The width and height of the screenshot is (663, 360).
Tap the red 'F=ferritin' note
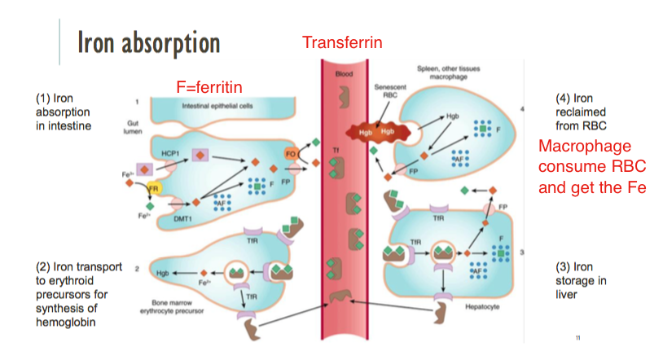coord(209,86)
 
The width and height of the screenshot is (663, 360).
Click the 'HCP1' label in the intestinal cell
coord(169,152)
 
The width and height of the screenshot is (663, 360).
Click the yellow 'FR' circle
coord(152,189)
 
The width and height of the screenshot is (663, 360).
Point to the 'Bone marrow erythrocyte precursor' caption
coord(176,305)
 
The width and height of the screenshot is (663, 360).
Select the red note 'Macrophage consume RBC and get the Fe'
coord(592,167)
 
